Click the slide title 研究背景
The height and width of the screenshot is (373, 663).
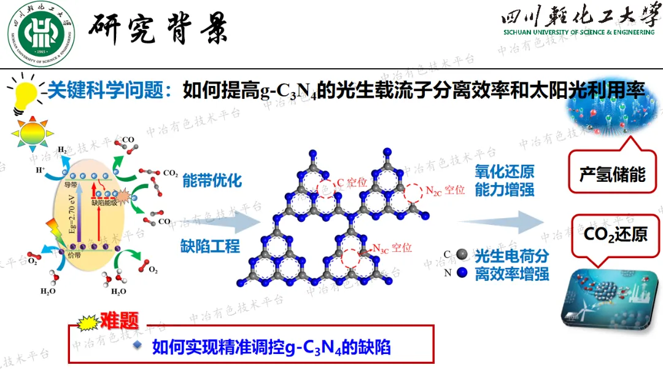pos(161,28)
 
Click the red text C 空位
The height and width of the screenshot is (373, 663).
pos(352,183)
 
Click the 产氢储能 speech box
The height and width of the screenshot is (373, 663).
pos(612,175)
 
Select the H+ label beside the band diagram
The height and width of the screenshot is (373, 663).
pos(41,170)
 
